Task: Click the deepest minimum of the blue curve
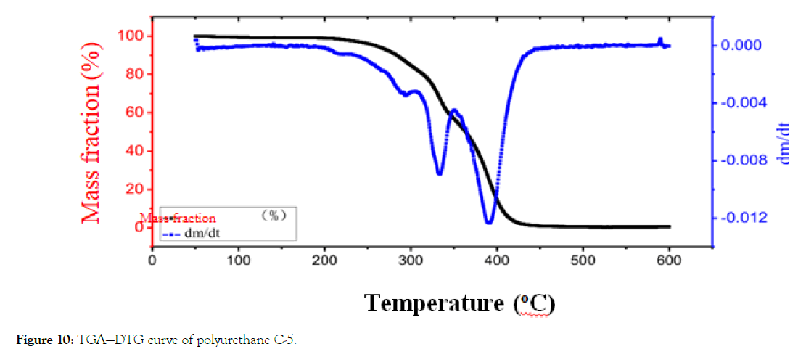489,222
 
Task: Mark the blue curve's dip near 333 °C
440,173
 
